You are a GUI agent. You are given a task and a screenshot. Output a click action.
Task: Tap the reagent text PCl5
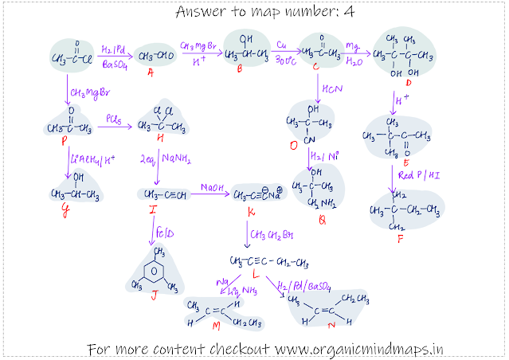point(116,119)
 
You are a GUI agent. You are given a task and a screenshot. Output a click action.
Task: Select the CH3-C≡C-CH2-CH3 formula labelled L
point(268,262)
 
